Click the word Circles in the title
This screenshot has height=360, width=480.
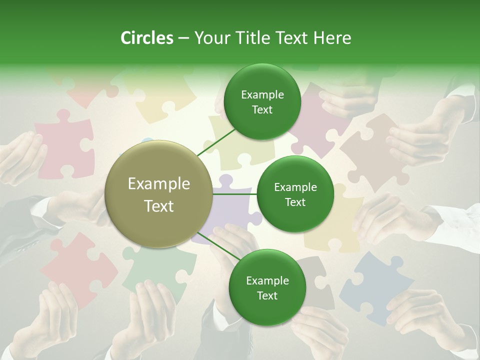coord(146,38)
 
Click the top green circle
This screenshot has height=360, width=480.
coord(262,101)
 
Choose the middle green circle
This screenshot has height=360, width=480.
coord(295,194)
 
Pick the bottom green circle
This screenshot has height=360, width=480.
coord(267,287)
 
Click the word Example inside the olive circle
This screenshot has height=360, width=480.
coord(159,184)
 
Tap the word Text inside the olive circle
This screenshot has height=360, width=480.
coord(159,206)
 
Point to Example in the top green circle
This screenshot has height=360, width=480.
coord(262,94)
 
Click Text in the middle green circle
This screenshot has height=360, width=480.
coord(295,202)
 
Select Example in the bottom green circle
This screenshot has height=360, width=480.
coord(267,280)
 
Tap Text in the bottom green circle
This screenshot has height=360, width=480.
coord(267,295)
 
